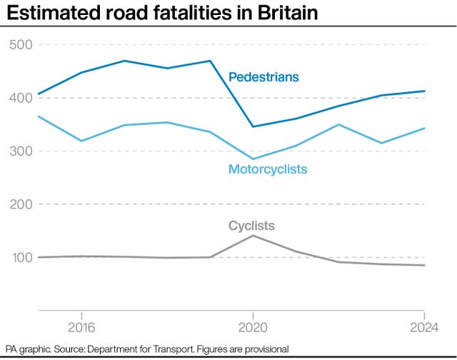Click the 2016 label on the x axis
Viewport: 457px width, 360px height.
[x=81, y=329]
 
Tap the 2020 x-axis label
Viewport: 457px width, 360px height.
[x=253, y=329]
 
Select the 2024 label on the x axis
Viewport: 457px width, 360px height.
[x=423, y=329]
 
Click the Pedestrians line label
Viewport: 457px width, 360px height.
[x=263, y=77]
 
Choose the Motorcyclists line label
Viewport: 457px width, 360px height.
[x=268, y=169]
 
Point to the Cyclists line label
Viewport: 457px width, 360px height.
[x=251, y=226]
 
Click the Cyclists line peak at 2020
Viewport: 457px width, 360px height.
[x=253, y=235]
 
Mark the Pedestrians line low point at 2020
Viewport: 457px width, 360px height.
[x=253, y=126]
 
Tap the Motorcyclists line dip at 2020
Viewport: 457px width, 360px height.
[x=253, y=159]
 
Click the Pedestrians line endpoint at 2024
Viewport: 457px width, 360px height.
[x=424, y=91]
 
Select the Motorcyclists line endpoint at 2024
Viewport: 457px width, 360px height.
[x=424, y=129]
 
